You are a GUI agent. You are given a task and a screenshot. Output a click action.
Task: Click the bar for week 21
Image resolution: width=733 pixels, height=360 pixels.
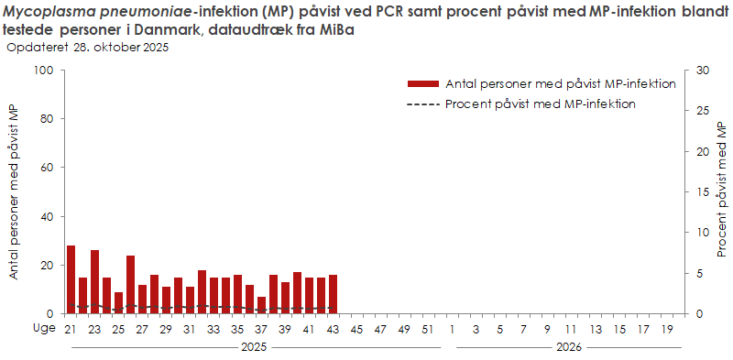[71, 279]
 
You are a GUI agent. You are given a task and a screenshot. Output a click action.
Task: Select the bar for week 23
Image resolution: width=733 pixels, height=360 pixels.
[94, 282]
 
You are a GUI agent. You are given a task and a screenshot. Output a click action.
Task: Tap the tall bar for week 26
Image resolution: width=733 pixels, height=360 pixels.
[130, 285]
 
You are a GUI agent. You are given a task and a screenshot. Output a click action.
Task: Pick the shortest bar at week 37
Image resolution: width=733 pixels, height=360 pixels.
[261, 305]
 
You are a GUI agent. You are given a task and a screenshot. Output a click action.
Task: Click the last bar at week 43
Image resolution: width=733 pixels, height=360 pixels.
[333, 294]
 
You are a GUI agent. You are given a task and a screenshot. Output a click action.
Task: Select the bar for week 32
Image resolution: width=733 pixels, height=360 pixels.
[202, 292]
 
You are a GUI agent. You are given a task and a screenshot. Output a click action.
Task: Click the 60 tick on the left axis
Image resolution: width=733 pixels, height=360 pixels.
[52, 168]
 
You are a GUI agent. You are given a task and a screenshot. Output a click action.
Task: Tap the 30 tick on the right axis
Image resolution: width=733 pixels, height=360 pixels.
[702, 71]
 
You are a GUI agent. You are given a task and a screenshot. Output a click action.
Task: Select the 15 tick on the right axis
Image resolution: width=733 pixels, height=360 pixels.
[702, 192]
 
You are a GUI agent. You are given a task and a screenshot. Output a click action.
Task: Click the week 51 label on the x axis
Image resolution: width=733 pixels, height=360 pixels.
[428, 329]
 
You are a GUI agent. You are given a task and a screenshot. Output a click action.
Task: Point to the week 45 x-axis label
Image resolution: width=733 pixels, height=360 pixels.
[356, 329]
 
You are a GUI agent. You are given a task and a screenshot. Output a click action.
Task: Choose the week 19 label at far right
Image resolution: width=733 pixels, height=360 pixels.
[666, 329]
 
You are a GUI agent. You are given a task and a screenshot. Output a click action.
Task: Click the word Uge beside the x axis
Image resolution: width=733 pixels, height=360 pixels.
[44, 329]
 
